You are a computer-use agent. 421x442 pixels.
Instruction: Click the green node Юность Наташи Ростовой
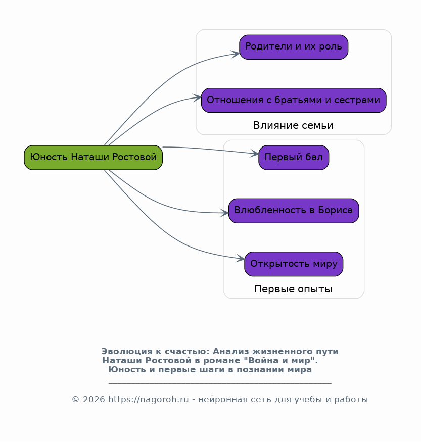[93, 157]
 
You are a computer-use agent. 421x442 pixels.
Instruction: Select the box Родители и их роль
[294, 47]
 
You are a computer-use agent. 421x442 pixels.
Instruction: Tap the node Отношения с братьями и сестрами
[294, 100]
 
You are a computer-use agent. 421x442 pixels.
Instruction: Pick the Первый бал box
[294, 158]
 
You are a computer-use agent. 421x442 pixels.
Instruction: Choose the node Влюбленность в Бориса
[294, 211]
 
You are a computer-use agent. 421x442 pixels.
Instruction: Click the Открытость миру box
[294, 264]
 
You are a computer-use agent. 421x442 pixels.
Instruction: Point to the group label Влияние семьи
[293, 125]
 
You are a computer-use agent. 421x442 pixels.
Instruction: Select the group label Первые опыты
[293, 289]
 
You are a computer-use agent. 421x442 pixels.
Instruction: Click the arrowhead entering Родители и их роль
[236, 53]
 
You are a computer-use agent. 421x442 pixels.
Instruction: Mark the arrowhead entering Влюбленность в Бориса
[225, 213]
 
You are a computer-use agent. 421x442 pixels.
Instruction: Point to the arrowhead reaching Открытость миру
[241, 259]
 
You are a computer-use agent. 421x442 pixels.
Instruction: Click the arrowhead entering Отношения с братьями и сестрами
[198, 97]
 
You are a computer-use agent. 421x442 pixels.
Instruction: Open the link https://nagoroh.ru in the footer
[149, 399]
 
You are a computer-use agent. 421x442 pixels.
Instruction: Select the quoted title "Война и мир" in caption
[291, 360]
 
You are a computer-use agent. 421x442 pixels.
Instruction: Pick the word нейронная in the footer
[217, 399]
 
